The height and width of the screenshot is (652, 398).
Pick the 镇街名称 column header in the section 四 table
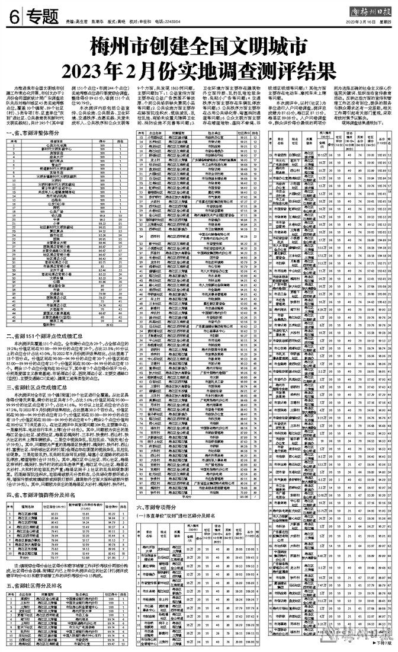point(28,507)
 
